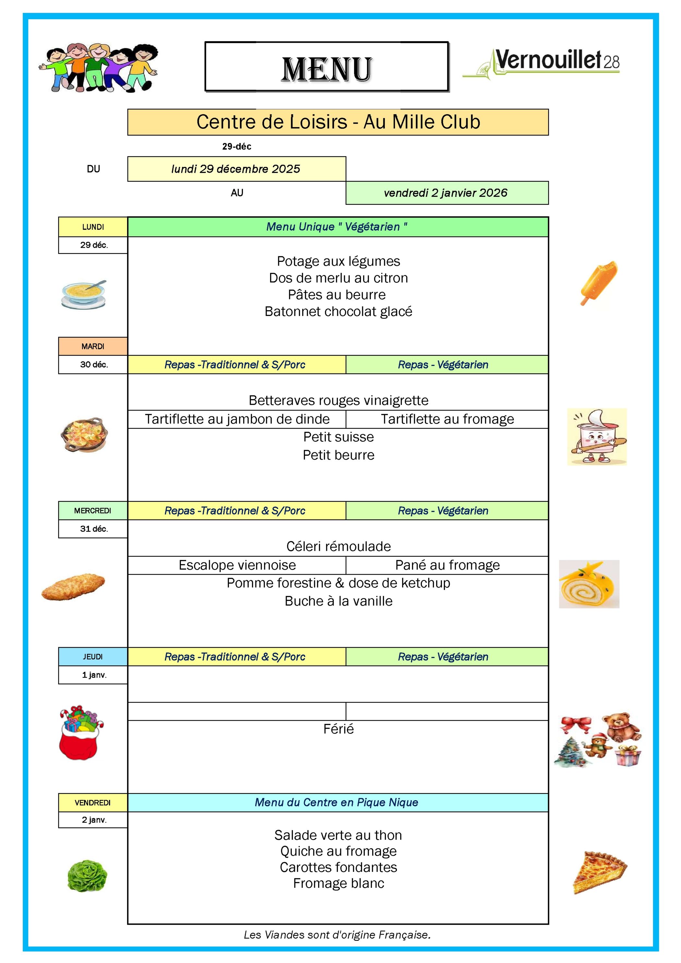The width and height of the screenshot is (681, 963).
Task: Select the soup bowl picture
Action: click(x=83, y=295)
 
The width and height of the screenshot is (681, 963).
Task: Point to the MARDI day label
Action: click(x=93, y=346)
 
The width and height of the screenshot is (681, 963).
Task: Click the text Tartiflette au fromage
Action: click(x=447, y=419)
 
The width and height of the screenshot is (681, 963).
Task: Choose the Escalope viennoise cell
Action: click(x=237, y=565)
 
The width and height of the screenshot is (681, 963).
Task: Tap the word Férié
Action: click(x=338, y=728)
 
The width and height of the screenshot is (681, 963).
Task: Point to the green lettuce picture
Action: click(x=87, y=875)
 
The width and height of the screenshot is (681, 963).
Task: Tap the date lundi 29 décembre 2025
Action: click(x=236, y=169)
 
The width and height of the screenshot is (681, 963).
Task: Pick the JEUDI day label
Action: click(x=93, y=656)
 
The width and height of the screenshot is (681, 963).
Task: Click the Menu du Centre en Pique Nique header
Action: click(x=336, y=802)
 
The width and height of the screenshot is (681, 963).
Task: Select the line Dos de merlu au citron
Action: click(x=338, y=278)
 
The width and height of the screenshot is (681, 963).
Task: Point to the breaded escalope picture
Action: click(x=73, y=586)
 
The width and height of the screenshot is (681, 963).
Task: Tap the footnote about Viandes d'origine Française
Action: click(x=337, y=934)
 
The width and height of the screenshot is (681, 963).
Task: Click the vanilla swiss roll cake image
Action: click(x=589, y=584)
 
